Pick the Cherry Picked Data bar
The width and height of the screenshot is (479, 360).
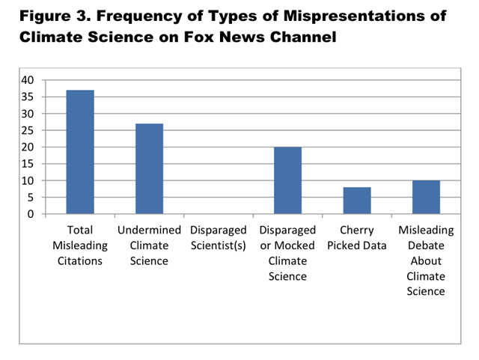356,201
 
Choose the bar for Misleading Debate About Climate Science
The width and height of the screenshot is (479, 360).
426,197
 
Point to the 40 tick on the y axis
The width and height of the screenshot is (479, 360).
27,80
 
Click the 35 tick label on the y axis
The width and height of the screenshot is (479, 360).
27,97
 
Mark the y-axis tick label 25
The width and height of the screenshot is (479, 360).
27,130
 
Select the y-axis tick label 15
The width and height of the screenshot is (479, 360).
27,164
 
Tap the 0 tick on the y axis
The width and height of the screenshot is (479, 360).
31,214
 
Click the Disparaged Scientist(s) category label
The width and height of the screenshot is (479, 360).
219,238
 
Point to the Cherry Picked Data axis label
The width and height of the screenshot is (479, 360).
356,238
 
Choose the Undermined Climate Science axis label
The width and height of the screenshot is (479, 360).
149,245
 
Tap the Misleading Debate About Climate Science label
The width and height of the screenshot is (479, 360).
426,260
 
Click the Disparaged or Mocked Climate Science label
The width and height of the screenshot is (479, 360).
287,253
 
